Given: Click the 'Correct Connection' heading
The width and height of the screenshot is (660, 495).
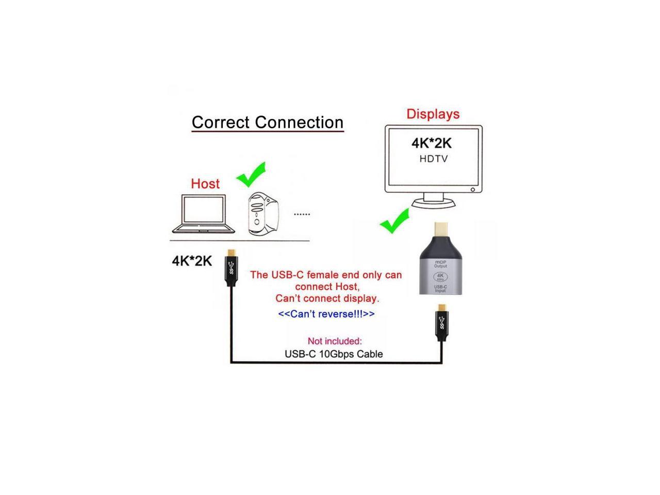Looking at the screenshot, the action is point(267,123).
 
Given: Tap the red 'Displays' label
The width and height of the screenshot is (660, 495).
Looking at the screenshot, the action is point(433,114).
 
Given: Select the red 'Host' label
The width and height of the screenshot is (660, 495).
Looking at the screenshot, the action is point(205,184).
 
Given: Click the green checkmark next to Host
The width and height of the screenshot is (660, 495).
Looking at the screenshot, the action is point(251,175).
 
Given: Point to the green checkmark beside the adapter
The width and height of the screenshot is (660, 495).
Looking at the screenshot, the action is point(394,221).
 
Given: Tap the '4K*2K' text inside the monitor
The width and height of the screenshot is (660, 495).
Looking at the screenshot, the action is point(431,143).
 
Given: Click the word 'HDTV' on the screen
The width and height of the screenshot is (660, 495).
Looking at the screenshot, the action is point(433,159).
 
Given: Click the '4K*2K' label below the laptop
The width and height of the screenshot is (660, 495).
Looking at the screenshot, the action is point(192,261).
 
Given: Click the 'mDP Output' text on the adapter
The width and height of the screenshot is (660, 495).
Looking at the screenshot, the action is point(440,264).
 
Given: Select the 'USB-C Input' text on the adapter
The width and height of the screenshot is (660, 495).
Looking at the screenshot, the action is point(440,289).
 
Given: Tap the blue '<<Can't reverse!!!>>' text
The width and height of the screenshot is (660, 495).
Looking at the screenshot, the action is point(326,314).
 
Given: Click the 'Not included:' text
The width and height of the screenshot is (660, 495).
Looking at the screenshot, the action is point(335,341).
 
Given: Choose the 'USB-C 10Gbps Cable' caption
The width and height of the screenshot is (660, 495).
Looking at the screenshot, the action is point(334,354).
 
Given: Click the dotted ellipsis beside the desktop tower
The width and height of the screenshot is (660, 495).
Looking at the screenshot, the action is point(302,214).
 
